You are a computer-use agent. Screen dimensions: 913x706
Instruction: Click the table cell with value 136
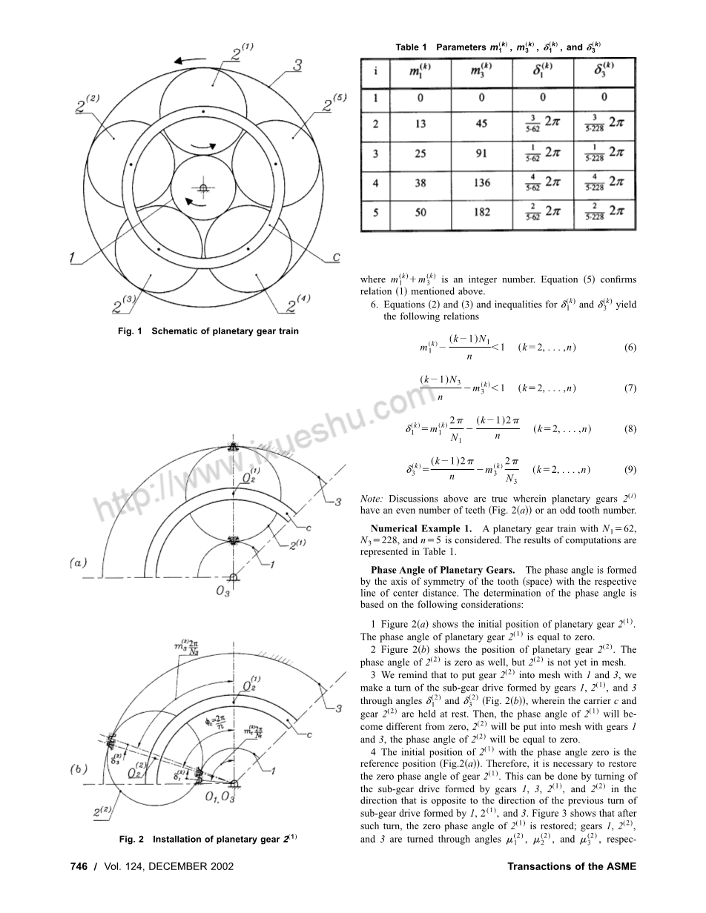coord(482,182)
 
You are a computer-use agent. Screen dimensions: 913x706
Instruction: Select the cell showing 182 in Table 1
coord(482,212)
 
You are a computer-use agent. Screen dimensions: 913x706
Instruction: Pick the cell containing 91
coord(482,153)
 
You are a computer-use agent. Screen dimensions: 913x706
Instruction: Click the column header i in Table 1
coord(376,71)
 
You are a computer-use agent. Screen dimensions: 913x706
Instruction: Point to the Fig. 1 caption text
coord(208,331)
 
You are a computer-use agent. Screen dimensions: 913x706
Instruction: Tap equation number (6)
coord(630,347)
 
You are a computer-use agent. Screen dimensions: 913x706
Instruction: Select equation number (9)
coord(630,469)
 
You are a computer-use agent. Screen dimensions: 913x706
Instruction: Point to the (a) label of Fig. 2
coord(77,563)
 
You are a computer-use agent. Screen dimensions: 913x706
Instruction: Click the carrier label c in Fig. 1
coord(335,257)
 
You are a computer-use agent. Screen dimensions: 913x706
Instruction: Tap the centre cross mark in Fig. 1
coord(202,187)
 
